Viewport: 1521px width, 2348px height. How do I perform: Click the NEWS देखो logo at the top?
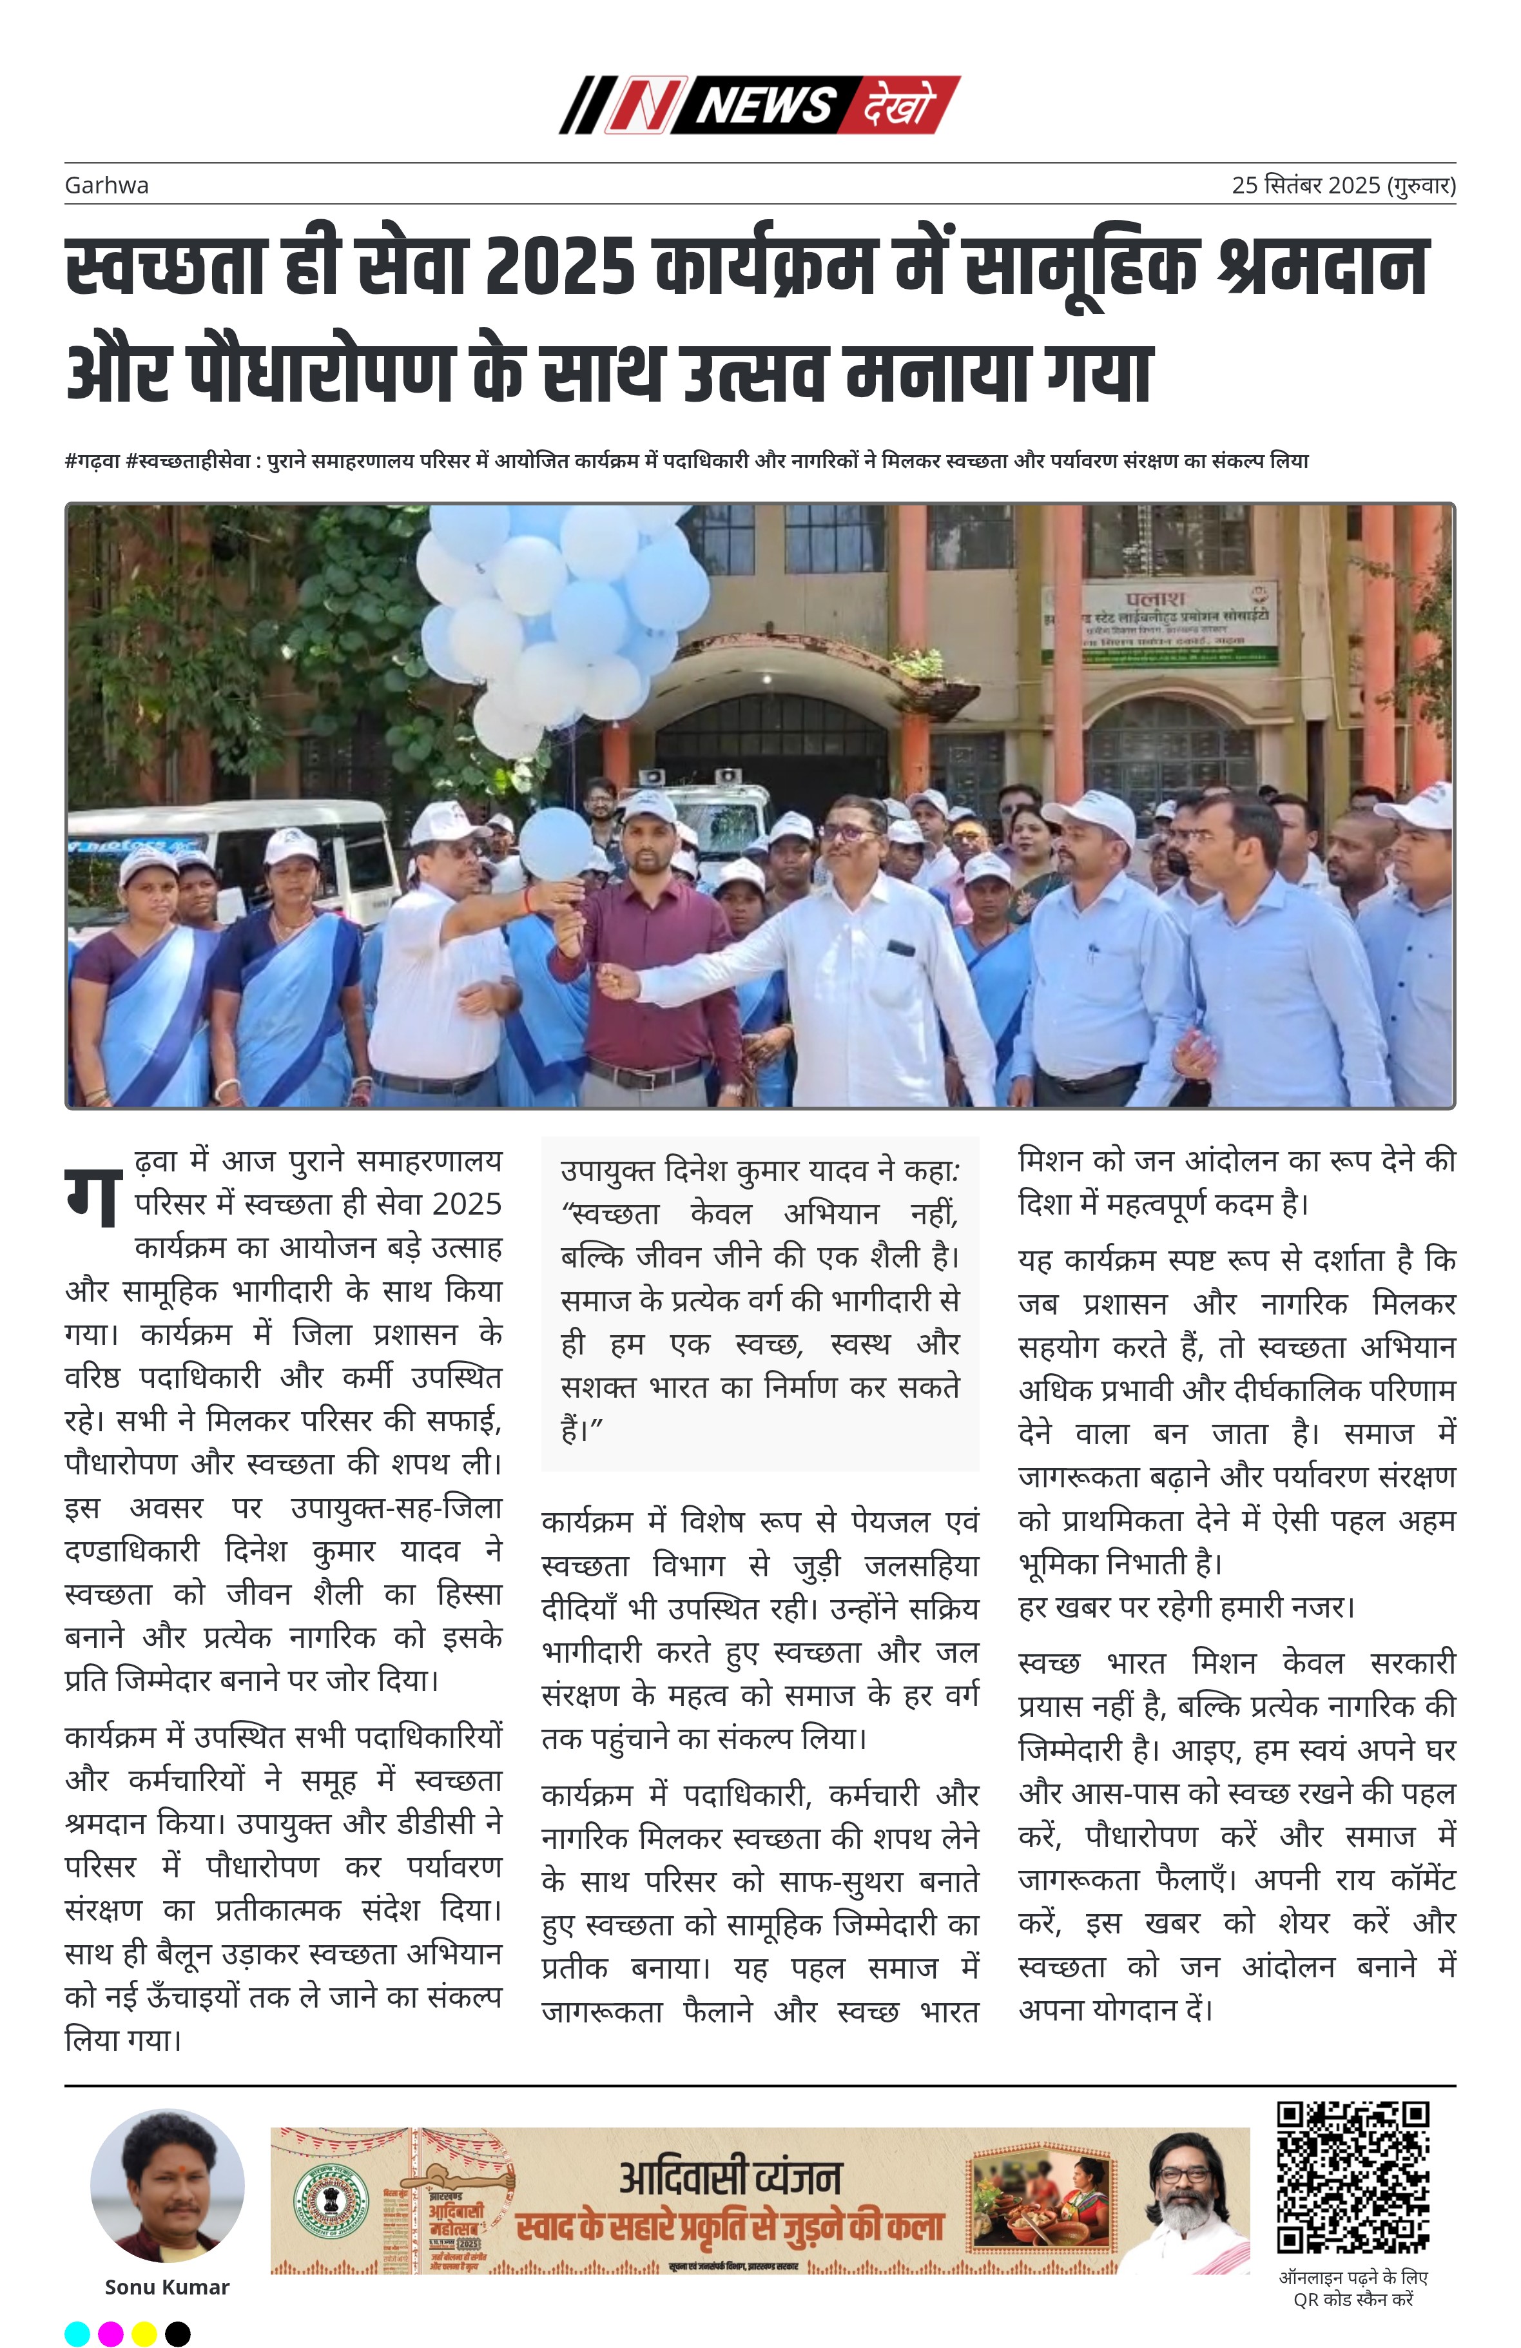[x=759, y=104]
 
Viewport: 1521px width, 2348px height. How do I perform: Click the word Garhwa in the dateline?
[x=106, y=186]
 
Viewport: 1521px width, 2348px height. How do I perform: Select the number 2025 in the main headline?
[x=559, y=268]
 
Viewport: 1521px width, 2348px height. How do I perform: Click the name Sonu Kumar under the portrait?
[x=167, y=2287]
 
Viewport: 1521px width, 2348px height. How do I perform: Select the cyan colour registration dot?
[x=77, y=2333]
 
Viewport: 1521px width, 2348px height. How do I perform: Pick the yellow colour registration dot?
[x=144, y=2333]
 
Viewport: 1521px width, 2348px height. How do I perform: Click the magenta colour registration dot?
[x=110, y=2333]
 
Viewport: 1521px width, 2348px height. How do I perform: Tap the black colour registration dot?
[x=177, y=2333]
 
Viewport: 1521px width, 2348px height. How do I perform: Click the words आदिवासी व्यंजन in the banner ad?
[x=730, y=2177]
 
